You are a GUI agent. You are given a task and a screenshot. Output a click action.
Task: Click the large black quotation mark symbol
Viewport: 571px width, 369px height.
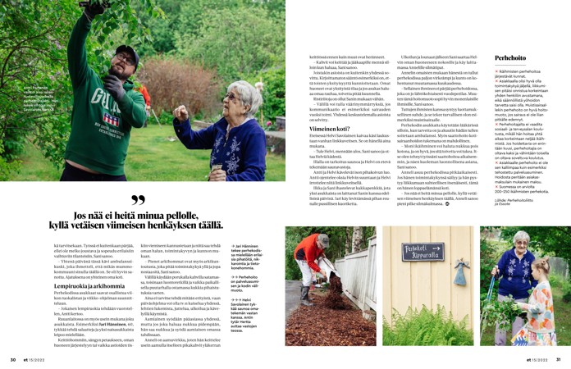(138, 200)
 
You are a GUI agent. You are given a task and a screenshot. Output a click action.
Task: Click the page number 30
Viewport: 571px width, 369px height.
(12, 359)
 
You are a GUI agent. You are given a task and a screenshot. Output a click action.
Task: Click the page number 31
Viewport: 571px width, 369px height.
(559, 359)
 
